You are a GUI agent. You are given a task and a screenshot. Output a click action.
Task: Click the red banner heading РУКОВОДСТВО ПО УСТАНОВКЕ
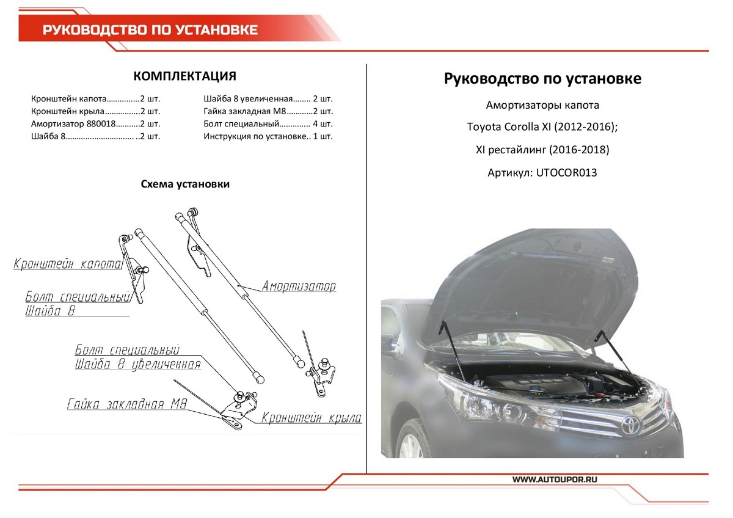[150, 30]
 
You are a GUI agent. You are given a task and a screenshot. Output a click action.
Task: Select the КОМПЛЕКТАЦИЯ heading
[184, 76]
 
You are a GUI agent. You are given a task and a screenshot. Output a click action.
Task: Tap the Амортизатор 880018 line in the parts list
[95, 124]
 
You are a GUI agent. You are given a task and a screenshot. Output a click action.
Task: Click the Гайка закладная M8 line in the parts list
[268, 111]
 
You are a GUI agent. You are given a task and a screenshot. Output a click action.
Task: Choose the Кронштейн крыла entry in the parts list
[95, 111]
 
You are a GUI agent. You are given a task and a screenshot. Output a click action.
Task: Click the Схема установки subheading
[185, 184]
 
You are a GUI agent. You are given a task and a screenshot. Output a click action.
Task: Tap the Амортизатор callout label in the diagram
[299, 286]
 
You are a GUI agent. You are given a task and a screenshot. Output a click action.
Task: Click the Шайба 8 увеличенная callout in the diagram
[137, 365]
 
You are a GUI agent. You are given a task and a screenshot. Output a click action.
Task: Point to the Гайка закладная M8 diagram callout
[127, 404]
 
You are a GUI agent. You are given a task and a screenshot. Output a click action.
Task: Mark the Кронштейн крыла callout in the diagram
[312, 418]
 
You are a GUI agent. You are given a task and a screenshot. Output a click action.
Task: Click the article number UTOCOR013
[542, 173]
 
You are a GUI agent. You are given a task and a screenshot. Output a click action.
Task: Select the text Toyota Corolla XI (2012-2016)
[542, 128]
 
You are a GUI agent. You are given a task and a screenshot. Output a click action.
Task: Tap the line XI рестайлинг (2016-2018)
[542, 150]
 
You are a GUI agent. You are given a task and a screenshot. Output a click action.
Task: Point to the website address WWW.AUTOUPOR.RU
[554, 480]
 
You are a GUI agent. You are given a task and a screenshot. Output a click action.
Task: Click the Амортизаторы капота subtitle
[542, 105]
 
